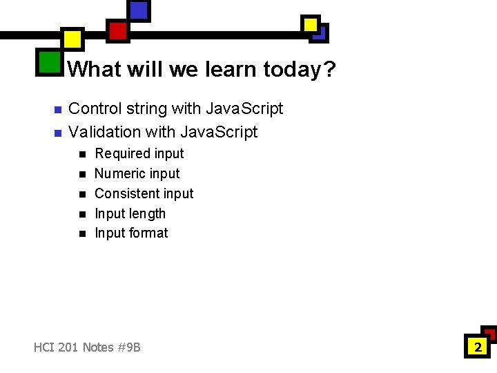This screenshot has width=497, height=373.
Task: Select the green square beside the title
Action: point(49,62)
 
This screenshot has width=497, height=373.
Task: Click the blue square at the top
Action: point(139,10)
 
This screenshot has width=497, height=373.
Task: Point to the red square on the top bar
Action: point(118,30)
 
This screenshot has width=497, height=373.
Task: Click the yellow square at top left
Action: point(72,39)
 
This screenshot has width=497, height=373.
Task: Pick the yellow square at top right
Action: point(311,25)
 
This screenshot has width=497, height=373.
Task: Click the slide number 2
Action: point(477,347)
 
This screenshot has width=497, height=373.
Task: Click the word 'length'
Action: point(147,213)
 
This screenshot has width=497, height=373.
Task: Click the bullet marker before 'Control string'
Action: point(58,110)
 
